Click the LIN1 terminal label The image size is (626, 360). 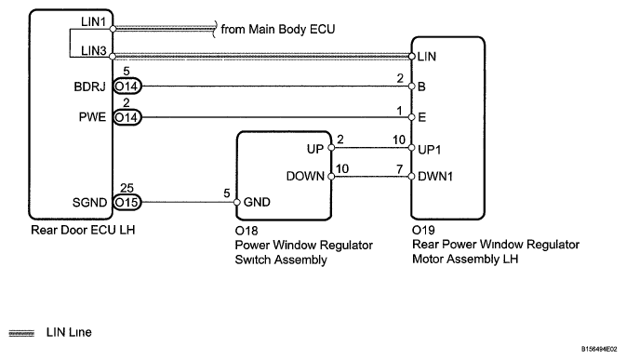(93, 21)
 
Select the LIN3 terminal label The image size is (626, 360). (93, 50)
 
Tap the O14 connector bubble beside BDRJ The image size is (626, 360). (127, 87)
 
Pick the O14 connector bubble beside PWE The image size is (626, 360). (127, 117)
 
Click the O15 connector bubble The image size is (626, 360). (127, 203)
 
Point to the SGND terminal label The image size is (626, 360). (90, 203)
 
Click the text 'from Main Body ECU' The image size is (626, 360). (278, 29)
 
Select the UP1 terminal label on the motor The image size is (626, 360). (429, 150)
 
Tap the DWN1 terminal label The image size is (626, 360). (435, 177)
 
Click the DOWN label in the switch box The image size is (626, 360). (305, 176)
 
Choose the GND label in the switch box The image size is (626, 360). (257, 203)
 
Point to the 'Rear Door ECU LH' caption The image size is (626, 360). (83, 230)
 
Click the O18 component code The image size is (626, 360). (246, 231)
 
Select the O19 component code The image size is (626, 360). (423, 231)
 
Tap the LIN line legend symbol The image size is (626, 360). (21, 333)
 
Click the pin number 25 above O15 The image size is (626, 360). (127, 188)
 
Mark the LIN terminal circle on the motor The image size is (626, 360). (412, 56)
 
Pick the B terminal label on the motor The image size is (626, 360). (421, 87)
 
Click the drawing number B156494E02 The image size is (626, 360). (599, 349)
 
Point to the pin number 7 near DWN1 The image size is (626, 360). (400, 169)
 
